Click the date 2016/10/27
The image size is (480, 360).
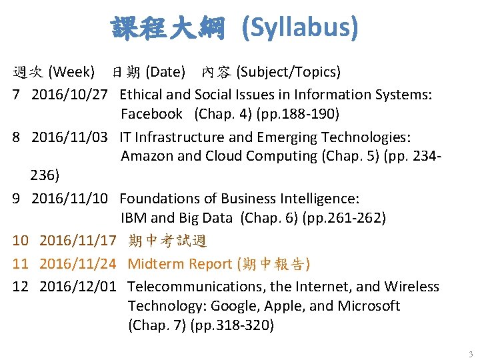69,95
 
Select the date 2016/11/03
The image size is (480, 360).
69,137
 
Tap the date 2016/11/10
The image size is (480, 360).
69,199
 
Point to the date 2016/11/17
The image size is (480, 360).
77,241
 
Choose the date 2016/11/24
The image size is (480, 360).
77,263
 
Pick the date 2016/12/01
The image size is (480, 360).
77,287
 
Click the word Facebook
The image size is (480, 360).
151,114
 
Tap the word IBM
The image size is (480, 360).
133,218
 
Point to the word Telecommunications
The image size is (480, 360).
193,287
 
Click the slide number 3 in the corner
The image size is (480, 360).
471,353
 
